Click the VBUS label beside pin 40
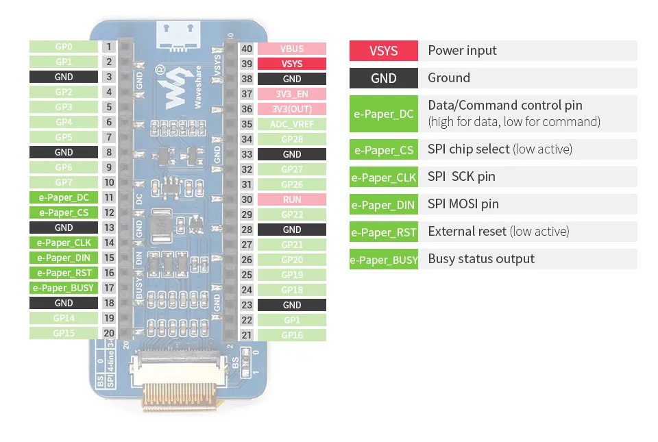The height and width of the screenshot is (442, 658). pyautogui.click(x=292, y=49)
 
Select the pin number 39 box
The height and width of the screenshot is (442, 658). pyautogui.click(x=247, y=64)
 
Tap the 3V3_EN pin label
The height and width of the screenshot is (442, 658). pyautogui.click(x=292, y=94)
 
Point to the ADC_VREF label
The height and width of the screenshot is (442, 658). pyautogui.click(x=292, y=124)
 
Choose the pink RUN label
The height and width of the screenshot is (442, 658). pyautogui.click(x=292, y=199)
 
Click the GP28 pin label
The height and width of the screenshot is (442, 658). pyautogui.click(x=292, y=139)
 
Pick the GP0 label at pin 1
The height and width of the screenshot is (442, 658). pyautogui.click(x=64, y=47)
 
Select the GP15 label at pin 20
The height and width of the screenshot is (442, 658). pyautogui.click(x=64, y=333)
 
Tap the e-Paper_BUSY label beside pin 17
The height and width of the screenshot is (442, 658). pyautogui.click(x=64, y=288)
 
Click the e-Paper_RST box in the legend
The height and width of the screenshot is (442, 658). pyautogui.click(x=384, y=232)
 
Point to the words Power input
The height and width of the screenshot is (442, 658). pyautogui.click(x=462, y=51)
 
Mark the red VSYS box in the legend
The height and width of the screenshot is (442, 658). pyautogui.click(x=384, y=51)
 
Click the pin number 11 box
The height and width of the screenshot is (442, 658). pyautogui.click(x=109, y=197)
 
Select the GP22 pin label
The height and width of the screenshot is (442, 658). pyautogui.click(x=292, y=214)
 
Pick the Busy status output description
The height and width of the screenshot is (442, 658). pyautogui.click(x=481, y=259)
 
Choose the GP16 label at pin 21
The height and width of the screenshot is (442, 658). pyautogui.click(x=292, y=335)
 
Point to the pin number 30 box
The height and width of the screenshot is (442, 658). pyautogui.click(x=247, y=199)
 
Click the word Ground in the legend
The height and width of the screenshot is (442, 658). pyautogui.click(x=449, y=78)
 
